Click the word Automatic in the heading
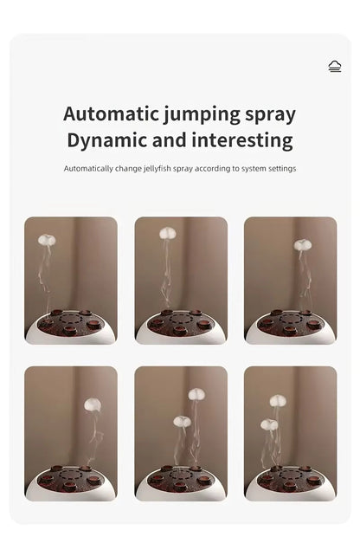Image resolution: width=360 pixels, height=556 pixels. point(109,113)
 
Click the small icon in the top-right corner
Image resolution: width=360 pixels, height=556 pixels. point(335,66)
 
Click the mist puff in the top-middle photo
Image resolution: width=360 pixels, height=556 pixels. point(167,233)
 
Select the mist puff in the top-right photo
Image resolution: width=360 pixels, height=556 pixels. point(301,245)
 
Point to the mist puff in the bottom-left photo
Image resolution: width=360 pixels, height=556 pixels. point(93,404)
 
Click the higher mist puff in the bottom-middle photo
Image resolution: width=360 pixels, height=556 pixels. point(196,394)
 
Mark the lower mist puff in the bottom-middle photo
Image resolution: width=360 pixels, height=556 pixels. point(181,422)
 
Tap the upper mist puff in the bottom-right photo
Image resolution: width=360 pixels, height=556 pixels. point(277,401)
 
